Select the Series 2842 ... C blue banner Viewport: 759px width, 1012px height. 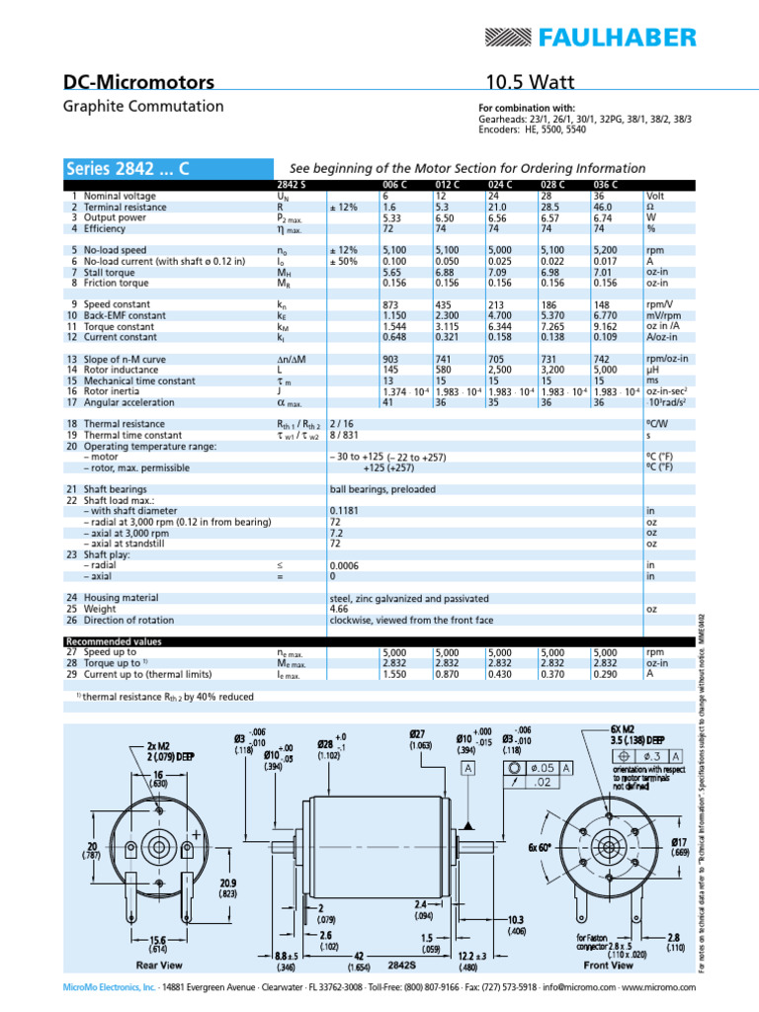pos(127,168)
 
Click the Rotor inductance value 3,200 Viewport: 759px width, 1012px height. pos(553,369)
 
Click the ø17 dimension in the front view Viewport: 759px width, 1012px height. pos(675,814)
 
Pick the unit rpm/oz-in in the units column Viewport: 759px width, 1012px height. pos(667,358)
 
